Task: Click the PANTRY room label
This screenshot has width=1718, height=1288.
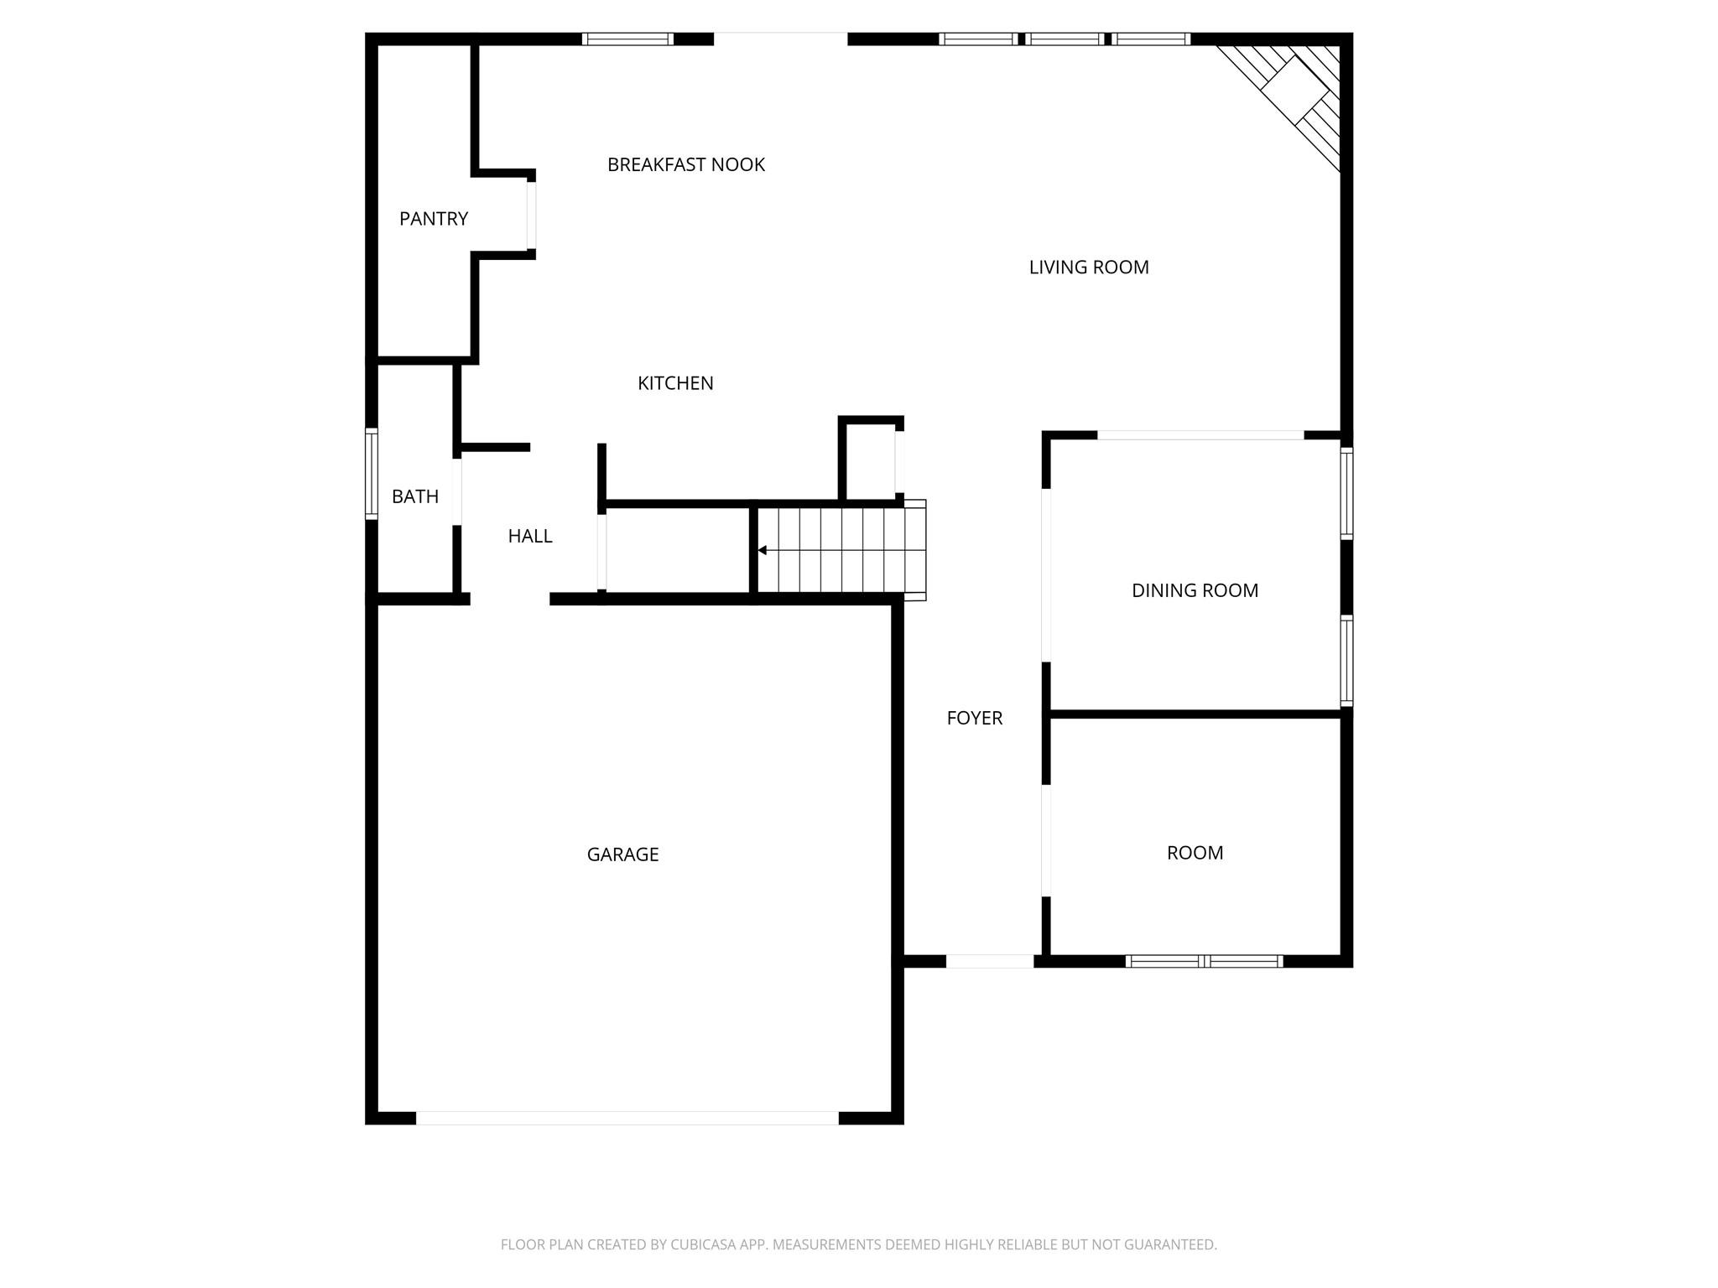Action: [433, 219]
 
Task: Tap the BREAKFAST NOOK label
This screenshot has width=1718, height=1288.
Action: [686, 164]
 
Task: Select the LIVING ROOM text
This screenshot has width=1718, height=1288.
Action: [1089, 267]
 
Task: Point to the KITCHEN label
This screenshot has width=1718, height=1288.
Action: [675, 383]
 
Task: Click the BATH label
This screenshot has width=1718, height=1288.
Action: [415, 496]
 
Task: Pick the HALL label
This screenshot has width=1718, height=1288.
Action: [530, 536]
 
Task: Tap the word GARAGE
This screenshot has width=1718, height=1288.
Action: [622, 854]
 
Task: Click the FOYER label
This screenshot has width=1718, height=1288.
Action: [975, 718]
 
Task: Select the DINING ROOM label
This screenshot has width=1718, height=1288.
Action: [1195, 590]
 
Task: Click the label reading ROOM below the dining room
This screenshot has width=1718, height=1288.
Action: [1195, 853]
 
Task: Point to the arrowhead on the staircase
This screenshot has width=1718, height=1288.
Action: [763, 550]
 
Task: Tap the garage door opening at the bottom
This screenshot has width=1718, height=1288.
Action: [627, 1118]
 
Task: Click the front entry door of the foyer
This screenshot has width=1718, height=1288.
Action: [990, 961]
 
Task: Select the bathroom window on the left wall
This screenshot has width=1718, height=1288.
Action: [371, 474]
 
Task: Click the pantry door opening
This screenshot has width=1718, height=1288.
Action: [531, 216]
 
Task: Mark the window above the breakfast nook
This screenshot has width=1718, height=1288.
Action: [627, 39]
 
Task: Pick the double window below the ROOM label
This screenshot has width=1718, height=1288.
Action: [1205, 961]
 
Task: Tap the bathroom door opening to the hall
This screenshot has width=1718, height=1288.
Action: [457, 491]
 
